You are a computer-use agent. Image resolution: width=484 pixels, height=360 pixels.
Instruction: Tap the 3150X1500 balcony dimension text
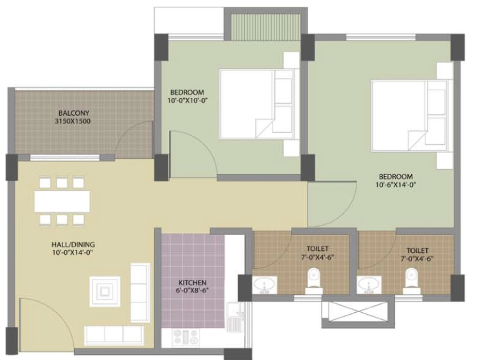73,121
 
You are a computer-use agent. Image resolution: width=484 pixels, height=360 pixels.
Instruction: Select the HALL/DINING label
73,244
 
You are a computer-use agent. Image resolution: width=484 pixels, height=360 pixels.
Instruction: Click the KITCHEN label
192,283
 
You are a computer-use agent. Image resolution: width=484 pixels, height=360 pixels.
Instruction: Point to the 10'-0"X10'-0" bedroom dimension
187,100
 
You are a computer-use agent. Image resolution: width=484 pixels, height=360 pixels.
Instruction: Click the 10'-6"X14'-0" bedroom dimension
396,185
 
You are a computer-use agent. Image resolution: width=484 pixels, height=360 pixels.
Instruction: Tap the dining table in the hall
62,201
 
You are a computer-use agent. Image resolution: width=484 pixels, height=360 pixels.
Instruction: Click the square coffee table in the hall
105,291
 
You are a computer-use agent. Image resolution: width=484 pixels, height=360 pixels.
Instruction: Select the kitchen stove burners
186,337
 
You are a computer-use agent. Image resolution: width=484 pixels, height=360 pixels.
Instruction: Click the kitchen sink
235,317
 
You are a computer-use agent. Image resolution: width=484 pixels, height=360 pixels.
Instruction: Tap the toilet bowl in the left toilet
314,280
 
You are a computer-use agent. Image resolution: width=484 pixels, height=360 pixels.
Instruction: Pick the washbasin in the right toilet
369,285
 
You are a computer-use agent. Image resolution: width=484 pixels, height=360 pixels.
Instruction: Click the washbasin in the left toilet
265,285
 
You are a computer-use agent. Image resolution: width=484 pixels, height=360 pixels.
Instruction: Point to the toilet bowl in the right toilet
411,280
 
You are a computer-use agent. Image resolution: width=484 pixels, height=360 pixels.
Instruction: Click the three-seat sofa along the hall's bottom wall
114,335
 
